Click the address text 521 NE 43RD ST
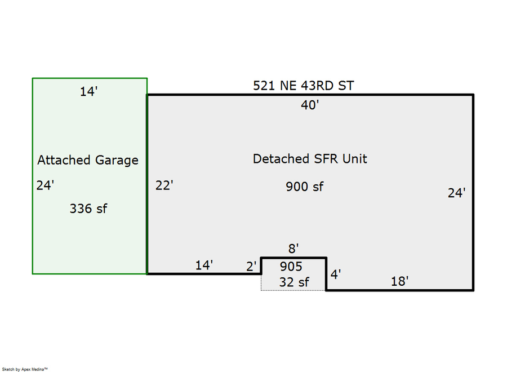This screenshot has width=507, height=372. (x=303, y=86)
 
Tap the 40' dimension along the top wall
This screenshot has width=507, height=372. (x=310, y=105)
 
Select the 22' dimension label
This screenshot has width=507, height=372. (x=164, y=185)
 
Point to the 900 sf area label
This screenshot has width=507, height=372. (x=304, y=187)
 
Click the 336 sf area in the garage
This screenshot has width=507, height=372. (x=88, y=209)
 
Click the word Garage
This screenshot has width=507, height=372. (x=117, y=161)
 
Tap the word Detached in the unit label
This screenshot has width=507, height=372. (x=281, y=159)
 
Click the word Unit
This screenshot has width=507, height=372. (x=355, y=159)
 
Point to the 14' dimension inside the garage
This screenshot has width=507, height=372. (x=88, y=91)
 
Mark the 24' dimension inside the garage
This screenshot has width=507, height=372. (x=45, y=185)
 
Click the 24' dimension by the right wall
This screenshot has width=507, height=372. (x=456, y=193)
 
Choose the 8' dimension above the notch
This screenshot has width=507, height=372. (x=293, y=249)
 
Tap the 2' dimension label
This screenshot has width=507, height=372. (x=251, y=267)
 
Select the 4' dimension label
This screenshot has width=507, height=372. (x=336, y=274)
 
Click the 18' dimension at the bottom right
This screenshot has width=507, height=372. (x=399, y=281)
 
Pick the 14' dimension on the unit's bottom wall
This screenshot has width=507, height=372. (x=204, y=265)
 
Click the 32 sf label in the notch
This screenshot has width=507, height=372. (x=294, y=282)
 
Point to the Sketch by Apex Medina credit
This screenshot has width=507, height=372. (x=25, y=369)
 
